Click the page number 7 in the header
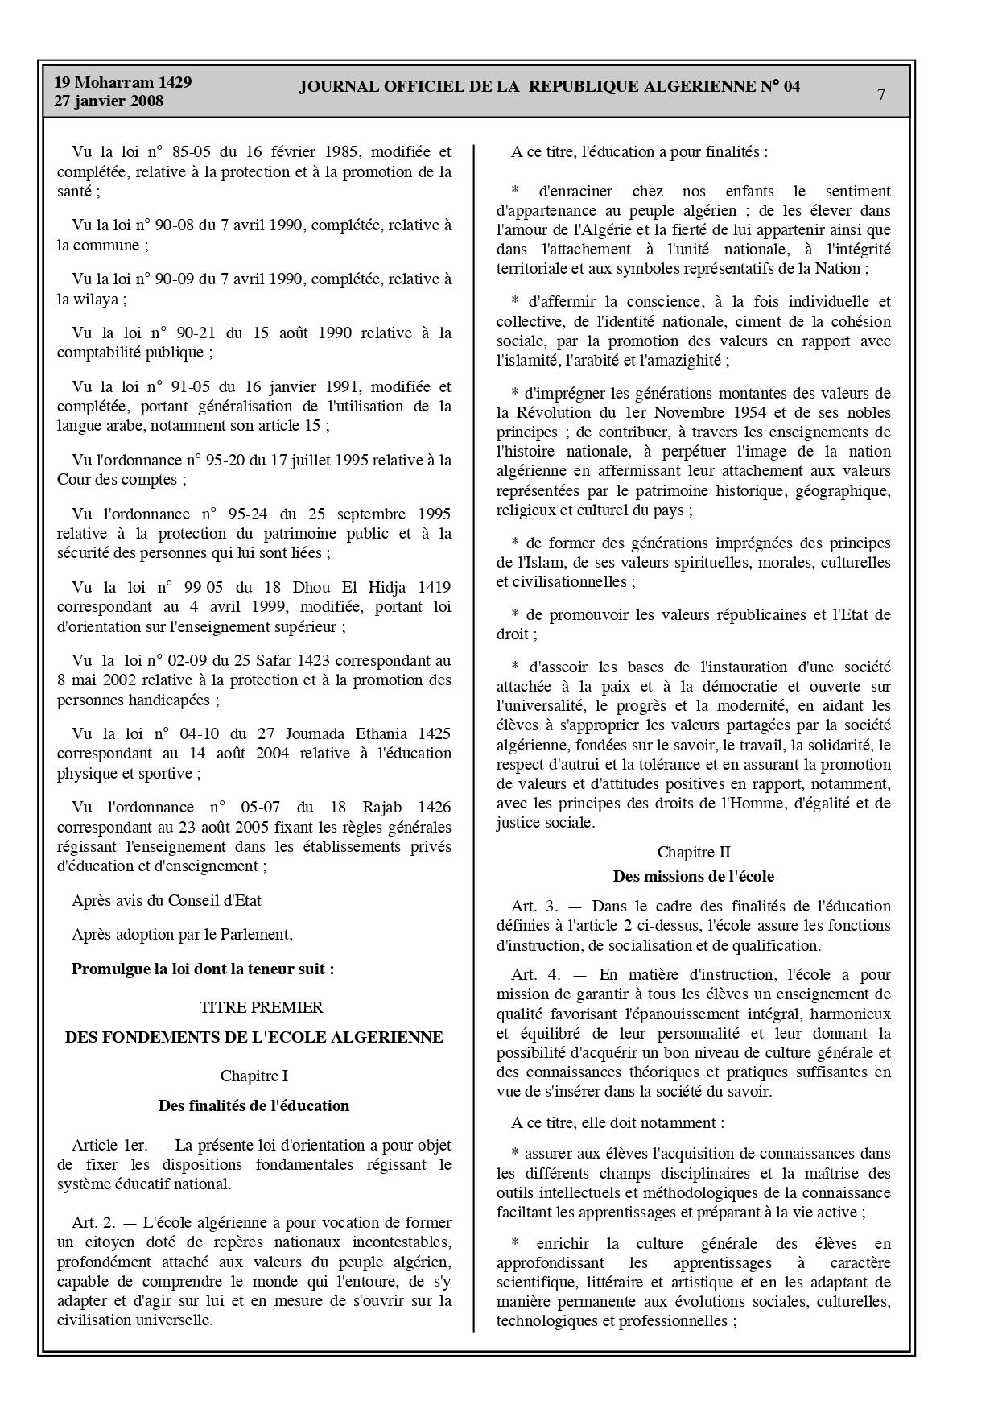[881, 94]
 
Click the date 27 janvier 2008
[109, 101]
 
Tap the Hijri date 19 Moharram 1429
[122, 82]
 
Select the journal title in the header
[550, 87]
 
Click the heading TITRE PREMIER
[262, 1007]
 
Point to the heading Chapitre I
[254, 1076]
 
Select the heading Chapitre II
[694, 852]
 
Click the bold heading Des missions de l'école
[693, 876]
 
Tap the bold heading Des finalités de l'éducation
[254, 1105]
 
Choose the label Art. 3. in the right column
[534, 906]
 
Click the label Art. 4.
[534, 975]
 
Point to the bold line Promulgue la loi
[203, 969]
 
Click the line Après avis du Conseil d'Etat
[167, 900]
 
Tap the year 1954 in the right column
[779, 413]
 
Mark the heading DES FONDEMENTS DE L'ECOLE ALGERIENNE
[254, 1037]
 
